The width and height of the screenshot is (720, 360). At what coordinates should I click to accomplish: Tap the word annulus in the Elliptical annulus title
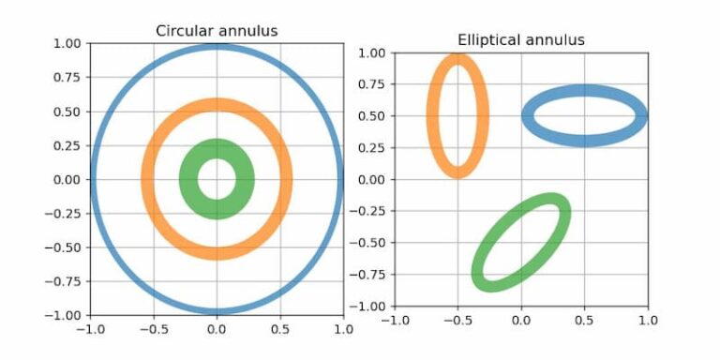(x=555, y=39)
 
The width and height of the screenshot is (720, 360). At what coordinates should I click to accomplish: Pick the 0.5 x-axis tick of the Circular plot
(x=280, y=330)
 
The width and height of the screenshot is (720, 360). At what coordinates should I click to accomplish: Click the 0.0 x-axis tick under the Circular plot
(x=217, y=330)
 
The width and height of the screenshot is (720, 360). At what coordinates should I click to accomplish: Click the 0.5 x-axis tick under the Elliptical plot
(x=584, y=320)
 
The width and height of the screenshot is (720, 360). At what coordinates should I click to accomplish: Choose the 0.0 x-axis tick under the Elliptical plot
(x=520, y=320)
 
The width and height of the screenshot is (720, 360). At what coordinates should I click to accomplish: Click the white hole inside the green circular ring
(x=217, y=179)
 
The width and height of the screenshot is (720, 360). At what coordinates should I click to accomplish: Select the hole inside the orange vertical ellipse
(x=457, y=116)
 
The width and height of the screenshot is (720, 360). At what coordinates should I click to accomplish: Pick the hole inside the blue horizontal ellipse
(x=584, y=116)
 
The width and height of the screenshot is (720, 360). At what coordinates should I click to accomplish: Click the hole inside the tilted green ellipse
(x=520, y=243)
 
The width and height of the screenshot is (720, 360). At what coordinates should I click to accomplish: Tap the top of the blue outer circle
(x=217, y=46)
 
